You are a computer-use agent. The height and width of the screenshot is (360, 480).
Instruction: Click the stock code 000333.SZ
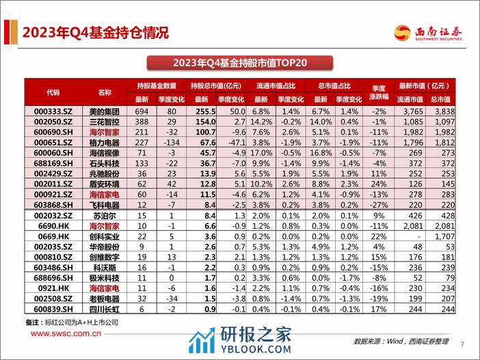pos(53,111)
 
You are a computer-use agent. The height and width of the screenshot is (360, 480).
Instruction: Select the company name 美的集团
pos(103,111)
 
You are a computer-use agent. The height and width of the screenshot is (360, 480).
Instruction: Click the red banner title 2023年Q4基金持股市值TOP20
pos(240,63)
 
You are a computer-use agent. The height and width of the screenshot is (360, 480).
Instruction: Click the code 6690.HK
pos(53,225)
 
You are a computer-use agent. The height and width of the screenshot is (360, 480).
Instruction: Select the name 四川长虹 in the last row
pos(103,309)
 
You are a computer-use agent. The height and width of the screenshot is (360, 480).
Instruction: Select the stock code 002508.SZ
pos(53,299)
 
